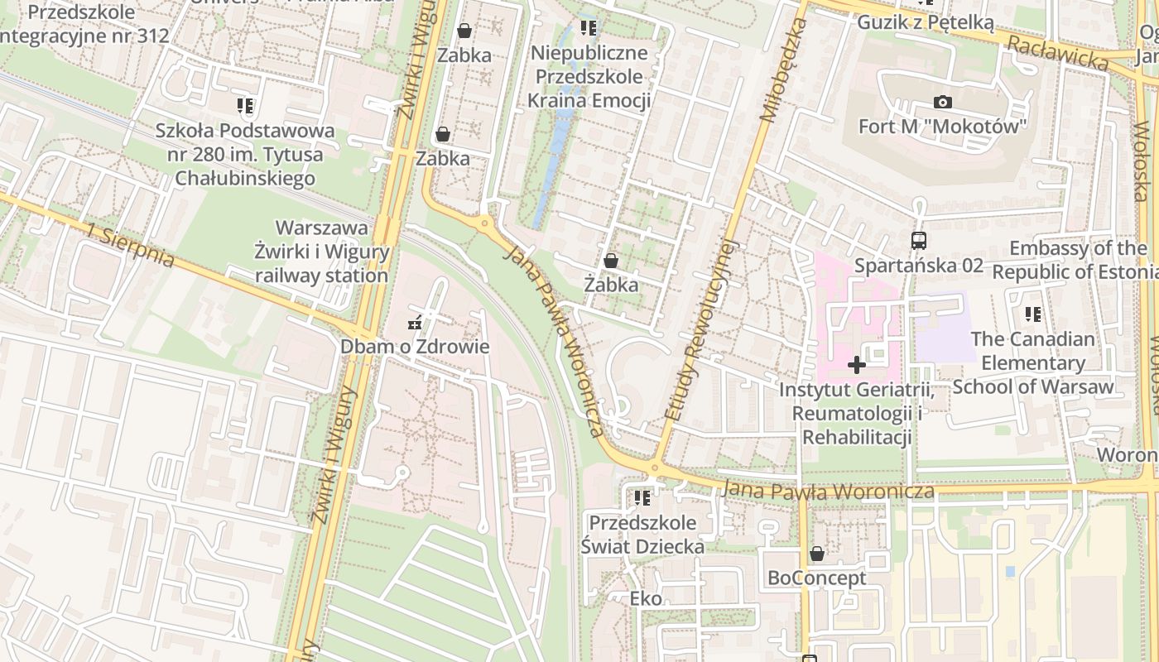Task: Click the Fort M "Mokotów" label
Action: (942, 127)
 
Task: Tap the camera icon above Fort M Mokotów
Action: (942, 103)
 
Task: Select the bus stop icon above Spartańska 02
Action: (918, 241)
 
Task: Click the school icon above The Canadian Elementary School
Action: (1032, 314)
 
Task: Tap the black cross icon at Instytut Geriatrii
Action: (857, 364)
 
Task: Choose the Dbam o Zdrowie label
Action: (415, 347)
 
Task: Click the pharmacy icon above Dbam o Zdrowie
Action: (415, 323)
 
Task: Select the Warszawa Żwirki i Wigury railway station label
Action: (322, 252)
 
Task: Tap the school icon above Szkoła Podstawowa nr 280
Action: (244, 106)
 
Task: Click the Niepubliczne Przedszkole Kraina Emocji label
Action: (589, 77)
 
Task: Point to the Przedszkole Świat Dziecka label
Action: (642, 535)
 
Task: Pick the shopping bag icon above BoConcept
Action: (817, 554)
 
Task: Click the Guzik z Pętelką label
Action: (925, 22)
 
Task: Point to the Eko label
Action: (646, 598)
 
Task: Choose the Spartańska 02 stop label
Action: (918, 266)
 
